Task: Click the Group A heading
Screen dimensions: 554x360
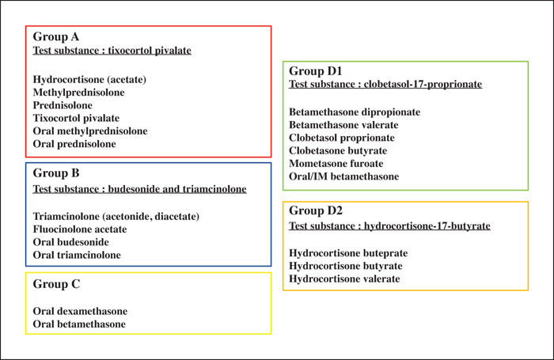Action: (56, 36)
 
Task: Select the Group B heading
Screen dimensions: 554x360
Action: (56, 173)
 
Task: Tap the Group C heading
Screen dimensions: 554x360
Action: (56, 284)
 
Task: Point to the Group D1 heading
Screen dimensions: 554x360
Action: (316, 71)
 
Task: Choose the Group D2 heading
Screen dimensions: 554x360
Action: (316, 210)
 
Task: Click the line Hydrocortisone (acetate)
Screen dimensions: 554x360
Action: (89, 79)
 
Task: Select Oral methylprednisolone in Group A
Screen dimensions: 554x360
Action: (90, 131)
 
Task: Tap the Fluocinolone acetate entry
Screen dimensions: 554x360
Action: (80, 229)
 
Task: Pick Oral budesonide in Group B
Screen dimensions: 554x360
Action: (70, 242)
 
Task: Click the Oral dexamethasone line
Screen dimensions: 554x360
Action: (80, 311)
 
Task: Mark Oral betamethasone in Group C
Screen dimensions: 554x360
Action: (79, 324)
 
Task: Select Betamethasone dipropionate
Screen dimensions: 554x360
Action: (355, 112)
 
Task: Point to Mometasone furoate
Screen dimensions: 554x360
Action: (336, 164)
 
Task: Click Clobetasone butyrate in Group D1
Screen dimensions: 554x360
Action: (338, 151)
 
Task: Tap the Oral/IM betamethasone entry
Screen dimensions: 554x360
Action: (343, 176)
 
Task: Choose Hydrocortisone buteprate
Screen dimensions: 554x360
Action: (348, 253)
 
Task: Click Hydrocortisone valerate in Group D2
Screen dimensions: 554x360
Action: (344, 279)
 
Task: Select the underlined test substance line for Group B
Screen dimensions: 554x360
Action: (139, 189)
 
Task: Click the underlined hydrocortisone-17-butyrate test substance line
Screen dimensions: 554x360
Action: (389, 225)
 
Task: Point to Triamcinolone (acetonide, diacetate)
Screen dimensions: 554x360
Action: (116, 216)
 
